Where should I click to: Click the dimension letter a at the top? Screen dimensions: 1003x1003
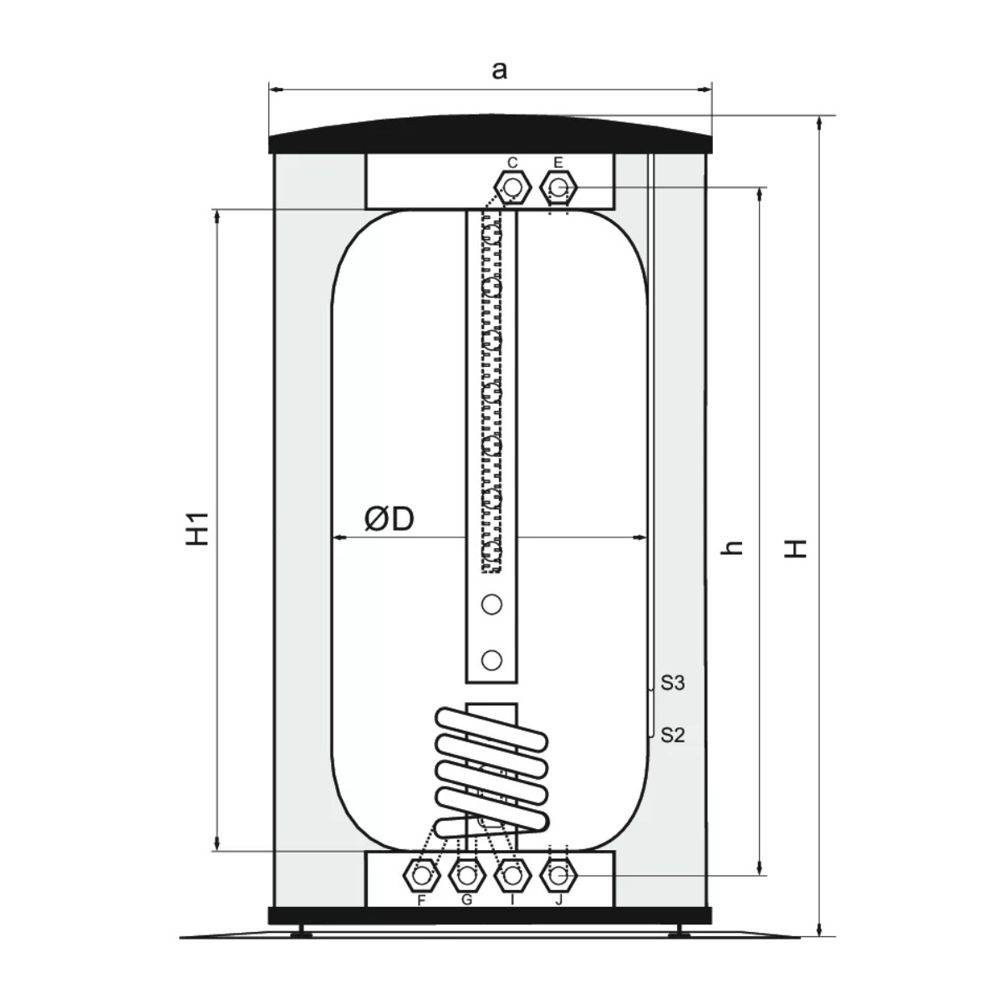coord(499,70)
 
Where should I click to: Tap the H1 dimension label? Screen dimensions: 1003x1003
coord(198,529)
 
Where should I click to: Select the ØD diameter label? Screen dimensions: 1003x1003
coord(389,519)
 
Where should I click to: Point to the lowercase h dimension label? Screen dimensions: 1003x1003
coord(732,547)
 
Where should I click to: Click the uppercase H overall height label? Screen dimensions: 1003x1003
coord(796,548)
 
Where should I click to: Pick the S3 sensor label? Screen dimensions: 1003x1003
coord(673,683)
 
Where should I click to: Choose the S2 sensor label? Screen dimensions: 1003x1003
coord(673,735)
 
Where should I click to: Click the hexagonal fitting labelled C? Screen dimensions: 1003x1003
coord(513,188)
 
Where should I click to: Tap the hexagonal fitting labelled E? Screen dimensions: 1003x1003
coord(558,188)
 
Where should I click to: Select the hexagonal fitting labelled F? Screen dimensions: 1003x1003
coord(421,876)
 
